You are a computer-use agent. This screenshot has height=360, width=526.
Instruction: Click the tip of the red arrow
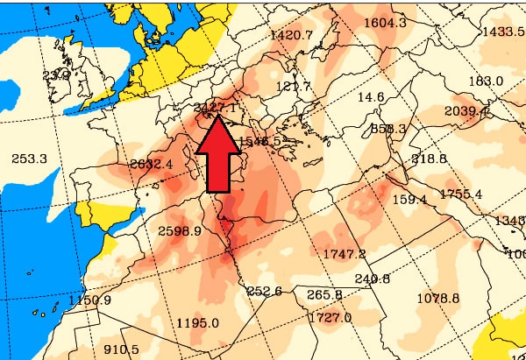[216, 114]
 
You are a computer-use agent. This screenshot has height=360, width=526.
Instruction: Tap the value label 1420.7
[293, 35]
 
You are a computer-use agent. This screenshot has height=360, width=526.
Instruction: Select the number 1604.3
[385, 22]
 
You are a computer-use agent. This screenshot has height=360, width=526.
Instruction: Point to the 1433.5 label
[503, 32]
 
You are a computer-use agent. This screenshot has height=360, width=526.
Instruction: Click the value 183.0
[486, 81]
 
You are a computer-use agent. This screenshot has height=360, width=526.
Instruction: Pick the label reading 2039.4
[467, 110]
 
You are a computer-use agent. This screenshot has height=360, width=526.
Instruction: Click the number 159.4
[409, 200]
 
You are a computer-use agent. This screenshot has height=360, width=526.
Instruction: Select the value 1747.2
[344, 254]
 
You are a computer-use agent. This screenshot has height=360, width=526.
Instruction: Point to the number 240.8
[373, 279]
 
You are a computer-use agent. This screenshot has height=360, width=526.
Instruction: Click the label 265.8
[325, 294]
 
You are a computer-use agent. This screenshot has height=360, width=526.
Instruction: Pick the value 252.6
[264, 291]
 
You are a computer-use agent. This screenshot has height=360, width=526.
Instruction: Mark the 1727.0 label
[330, 317]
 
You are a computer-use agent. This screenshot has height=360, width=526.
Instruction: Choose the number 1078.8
[438, 299]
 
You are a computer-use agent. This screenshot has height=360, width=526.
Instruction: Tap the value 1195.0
[197, 322]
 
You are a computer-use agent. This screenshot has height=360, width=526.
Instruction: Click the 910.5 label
[121, 349]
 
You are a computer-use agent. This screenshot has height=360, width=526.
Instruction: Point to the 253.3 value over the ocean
[30, 159]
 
